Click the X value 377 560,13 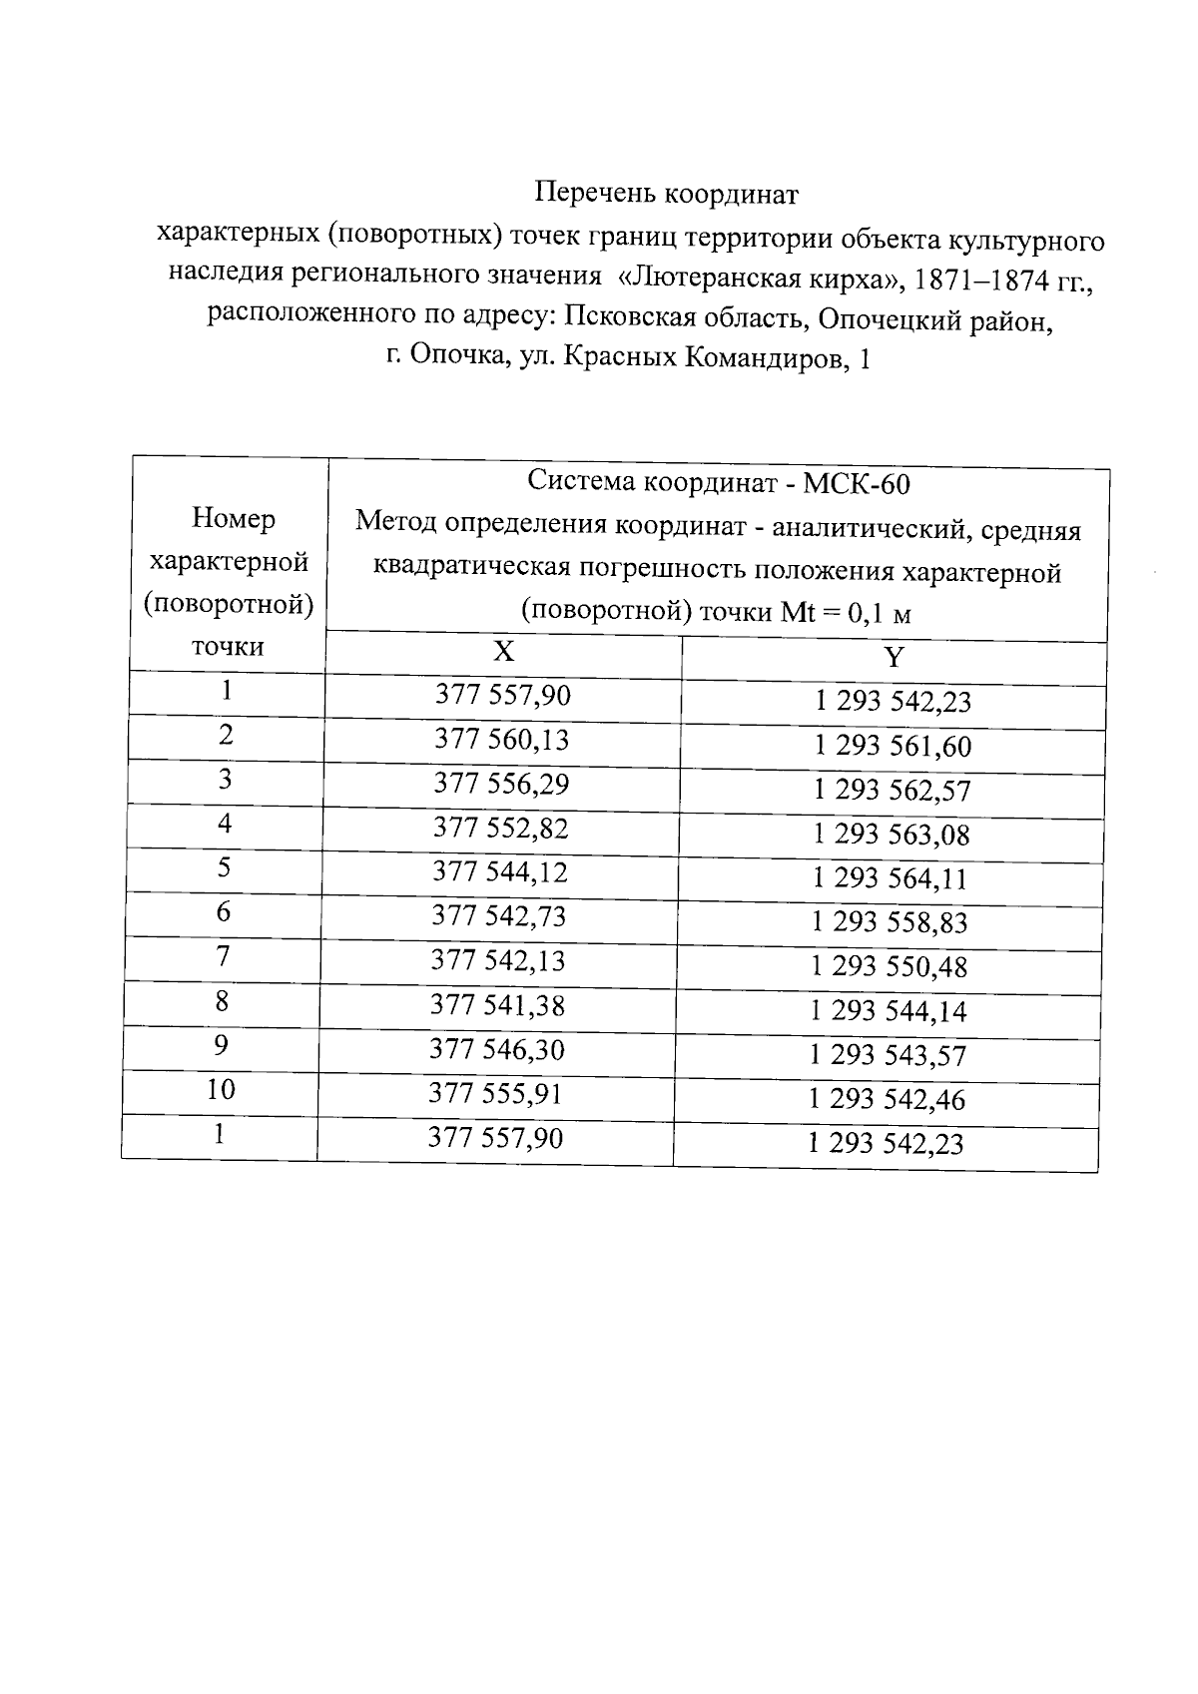(501, 740)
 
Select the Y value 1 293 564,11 (891, 878)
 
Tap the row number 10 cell (221, 1089)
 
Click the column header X (503, 652)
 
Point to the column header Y (894, 658)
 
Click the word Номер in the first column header (234, 518)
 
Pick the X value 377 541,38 (497, 1005)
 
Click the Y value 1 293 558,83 (890, 922)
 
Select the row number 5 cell (224, 867)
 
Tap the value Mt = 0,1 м (845, 613)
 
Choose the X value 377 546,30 (496, 1049)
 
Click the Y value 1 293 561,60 (893, 747)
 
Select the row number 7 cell (223, 956)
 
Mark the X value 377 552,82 (499, 828)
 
